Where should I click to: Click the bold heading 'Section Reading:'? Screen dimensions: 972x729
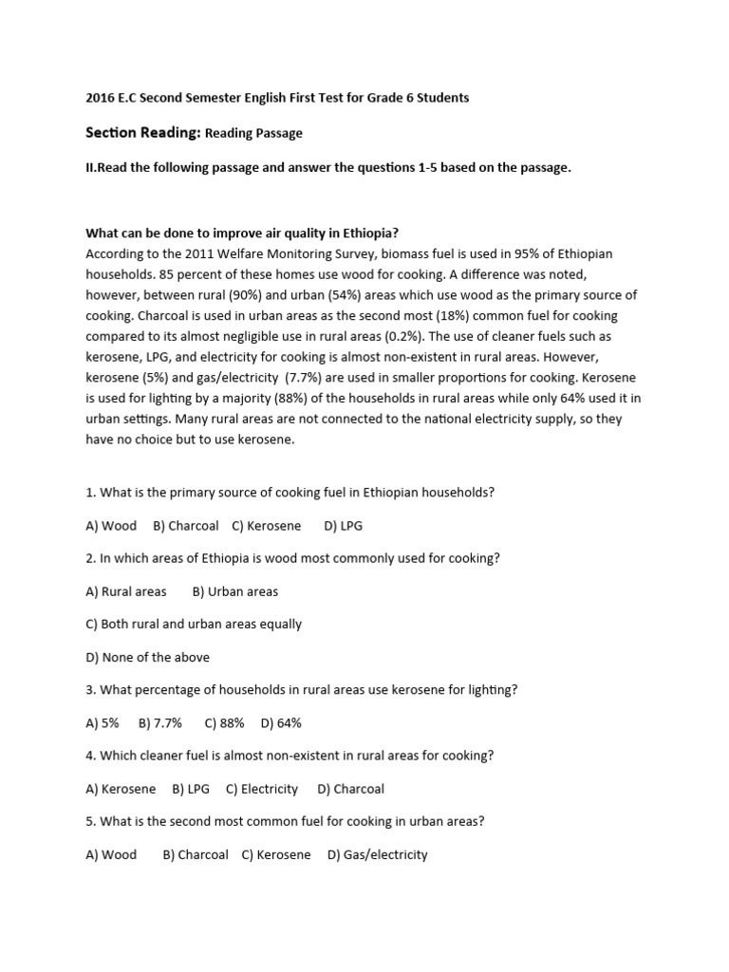pos(142,133)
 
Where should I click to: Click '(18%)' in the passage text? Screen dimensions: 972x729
pos(409,315)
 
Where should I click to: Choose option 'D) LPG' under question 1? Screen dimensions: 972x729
pos(344,525)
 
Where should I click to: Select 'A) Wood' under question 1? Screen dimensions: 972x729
pos(111,525)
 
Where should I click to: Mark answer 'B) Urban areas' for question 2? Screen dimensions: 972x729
pos(235,591)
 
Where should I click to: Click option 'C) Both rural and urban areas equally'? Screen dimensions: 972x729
pos(194,625)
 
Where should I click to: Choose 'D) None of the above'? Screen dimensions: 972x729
pos(147,657)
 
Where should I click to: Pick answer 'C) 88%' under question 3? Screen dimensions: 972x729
pos(225,722)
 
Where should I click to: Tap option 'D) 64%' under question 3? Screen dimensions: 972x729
pos(282,722)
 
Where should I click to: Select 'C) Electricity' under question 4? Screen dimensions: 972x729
pos(262,789)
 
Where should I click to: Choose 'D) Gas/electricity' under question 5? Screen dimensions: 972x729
pos(378,854)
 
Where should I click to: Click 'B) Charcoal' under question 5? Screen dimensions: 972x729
pos(196,854)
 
